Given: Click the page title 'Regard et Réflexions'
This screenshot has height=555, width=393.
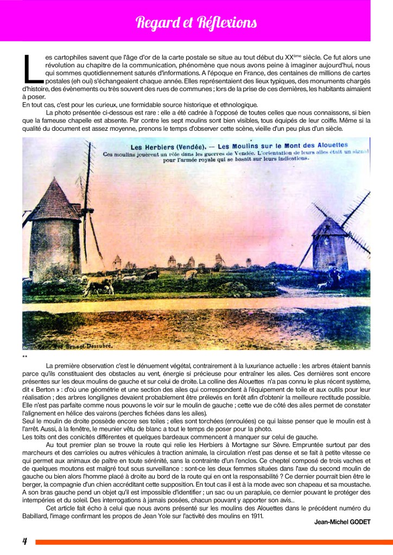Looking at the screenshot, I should [x=196, y=23].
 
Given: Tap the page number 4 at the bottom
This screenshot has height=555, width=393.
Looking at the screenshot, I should [x=25, y=541].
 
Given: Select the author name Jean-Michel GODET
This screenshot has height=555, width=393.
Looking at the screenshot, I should [x=343, y=522].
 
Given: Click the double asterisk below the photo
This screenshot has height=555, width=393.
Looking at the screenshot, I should [x=24, y=356].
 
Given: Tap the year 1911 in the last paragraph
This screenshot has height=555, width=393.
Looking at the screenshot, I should [x=255, y=515].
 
